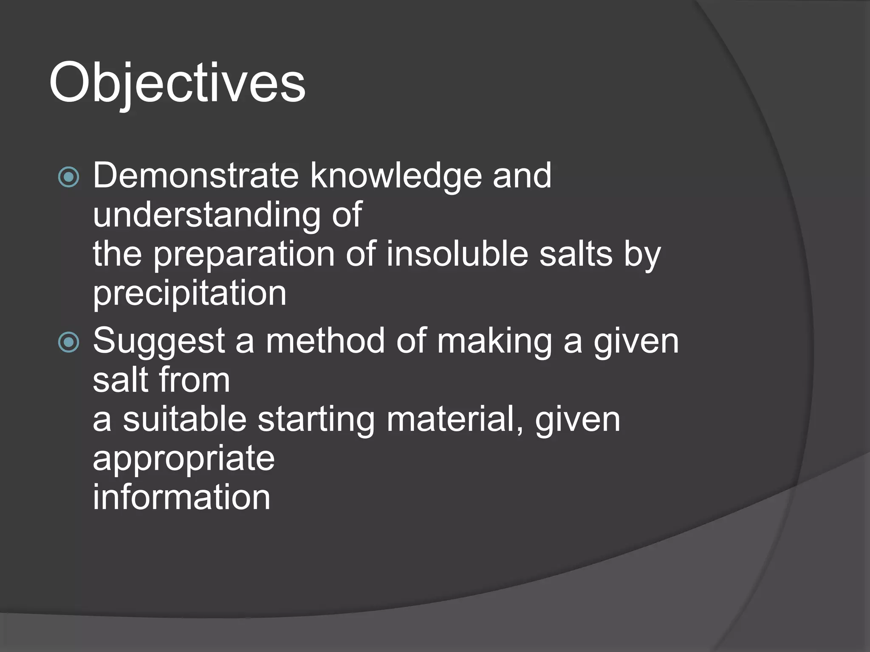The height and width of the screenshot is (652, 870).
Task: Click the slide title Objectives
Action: click(x=177, y=83)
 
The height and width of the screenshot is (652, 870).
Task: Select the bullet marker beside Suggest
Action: click(x=68, y=342)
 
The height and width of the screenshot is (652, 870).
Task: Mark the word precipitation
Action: click(x=189, y=294)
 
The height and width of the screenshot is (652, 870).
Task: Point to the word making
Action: click(x=494, y=342)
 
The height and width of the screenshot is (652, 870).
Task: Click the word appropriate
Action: click(x=184, y=460)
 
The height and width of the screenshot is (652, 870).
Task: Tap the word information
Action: click(x=181, y=497)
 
